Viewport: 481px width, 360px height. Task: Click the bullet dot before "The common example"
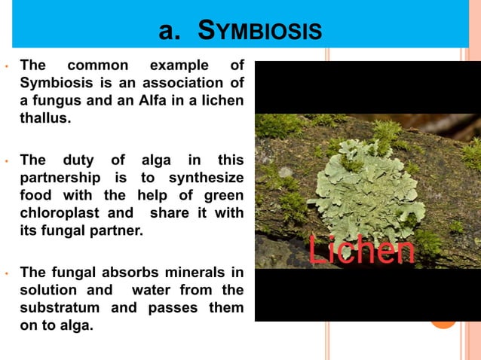(x=6, y=66)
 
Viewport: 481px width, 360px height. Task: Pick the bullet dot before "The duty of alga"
(x=6, y=160)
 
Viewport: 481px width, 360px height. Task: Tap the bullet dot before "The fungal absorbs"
(x=6, y=273)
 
